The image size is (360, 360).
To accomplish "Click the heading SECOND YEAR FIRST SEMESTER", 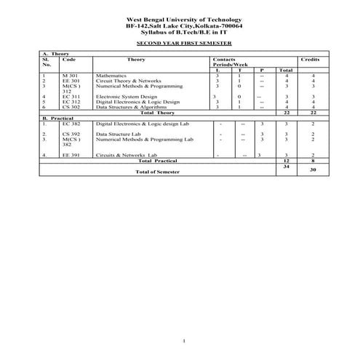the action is tap(179, 44).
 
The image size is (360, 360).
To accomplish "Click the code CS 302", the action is tap(71, 107).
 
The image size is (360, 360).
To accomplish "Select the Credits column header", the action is tap(309, 59).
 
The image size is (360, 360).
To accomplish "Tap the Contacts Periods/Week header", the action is tap(226, 62).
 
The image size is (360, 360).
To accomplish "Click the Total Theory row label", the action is tap(157, 113).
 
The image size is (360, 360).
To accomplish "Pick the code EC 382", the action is tap(71, 124).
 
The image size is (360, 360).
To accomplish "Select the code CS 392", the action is tap(71, 135).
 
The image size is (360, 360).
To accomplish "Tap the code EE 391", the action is tap(71, 156).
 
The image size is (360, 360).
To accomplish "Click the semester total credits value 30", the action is tap(312, 169).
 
